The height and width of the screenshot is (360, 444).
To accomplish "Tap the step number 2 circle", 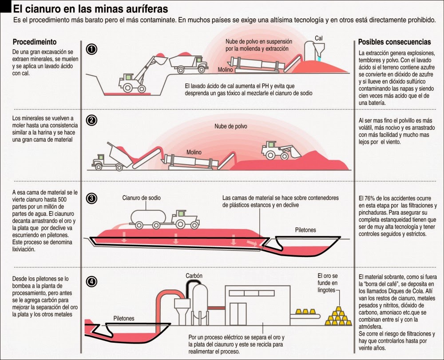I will [91, 120].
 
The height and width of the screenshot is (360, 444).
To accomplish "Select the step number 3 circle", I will [91, 198].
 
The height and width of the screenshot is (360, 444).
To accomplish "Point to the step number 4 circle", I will [91, 281].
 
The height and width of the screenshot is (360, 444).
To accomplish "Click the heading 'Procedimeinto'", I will [35, 42].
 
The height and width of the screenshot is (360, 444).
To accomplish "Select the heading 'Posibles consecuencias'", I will [394, 42].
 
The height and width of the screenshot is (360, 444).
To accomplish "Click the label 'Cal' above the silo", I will [318, 38].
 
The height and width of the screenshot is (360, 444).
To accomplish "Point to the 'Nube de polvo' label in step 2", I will [231, 127].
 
